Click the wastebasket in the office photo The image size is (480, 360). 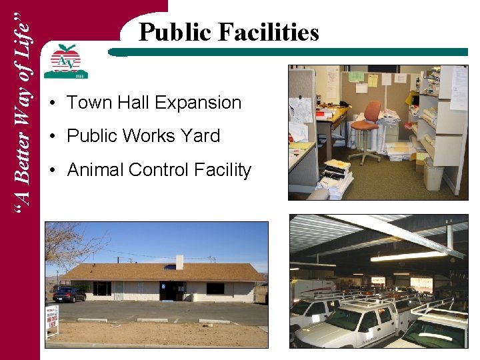pos(433,174)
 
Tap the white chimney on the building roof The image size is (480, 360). pos(179,261)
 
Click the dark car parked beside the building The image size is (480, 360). pos(69,294)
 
